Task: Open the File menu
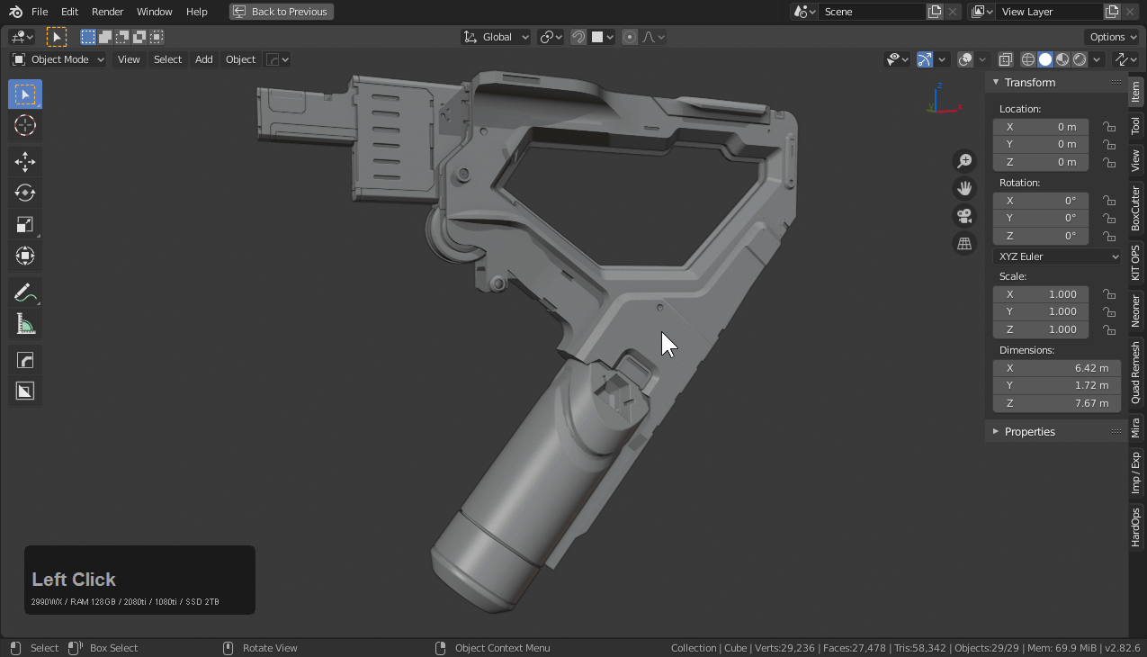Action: [40, 12]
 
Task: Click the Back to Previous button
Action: [281, 12]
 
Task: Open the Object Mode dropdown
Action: [58, 59]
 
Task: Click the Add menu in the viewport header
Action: [204, 59]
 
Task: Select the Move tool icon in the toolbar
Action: [25, 162]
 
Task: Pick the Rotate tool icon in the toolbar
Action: [25, 193]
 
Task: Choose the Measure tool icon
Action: [25, 324]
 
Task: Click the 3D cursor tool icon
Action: [25, 125]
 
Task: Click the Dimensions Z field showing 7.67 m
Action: [1056, 403]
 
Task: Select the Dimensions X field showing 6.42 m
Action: [1056, 368]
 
